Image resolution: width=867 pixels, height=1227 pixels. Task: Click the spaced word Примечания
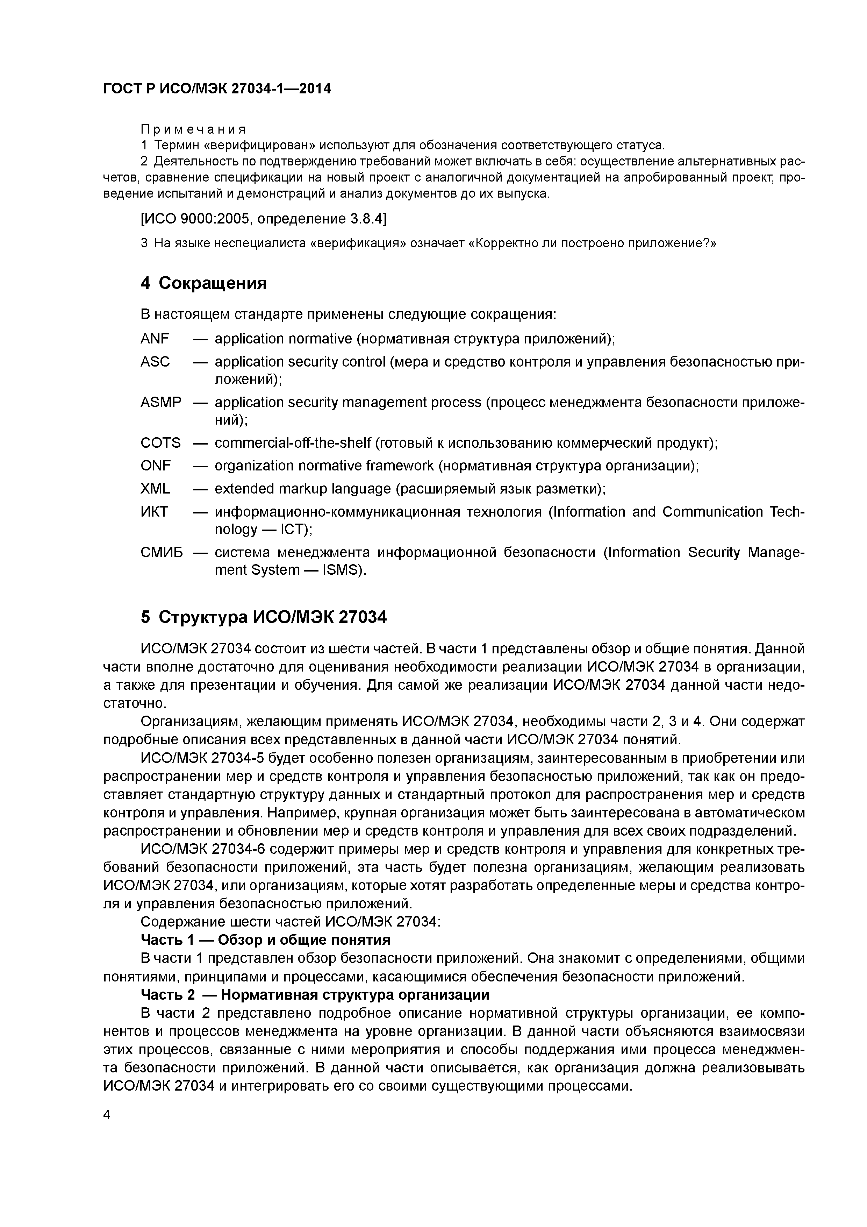(x=193, y=129)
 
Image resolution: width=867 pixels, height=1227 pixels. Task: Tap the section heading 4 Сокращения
(x=203, y=283)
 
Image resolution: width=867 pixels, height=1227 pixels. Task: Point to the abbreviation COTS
(x=160, y=443)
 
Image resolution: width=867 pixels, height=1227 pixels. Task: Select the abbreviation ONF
(x=156, y=466)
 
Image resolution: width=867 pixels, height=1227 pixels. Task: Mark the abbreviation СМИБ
(x=161, y=552)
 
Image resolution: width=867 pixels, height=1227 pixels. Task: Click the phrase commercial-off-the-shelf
(x=293, y=443)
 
